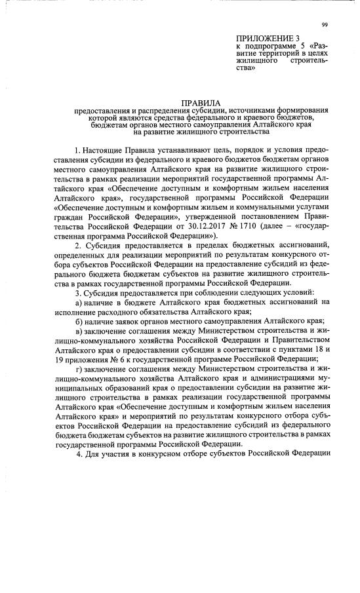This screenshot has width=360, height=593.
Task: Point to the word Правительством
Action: click(x=294, y=339)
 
